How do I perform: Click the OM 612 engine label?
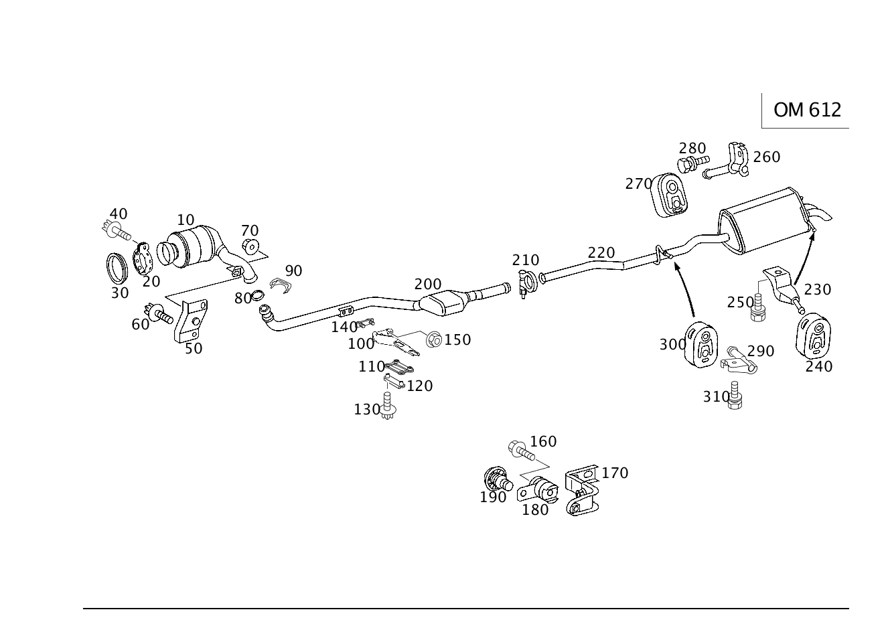click(807, 110)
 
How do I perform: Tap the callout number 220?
click(601, 252)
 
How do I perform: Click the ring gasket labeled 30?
click(117, 268)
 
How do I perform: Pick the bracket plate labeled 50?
click(191, 321)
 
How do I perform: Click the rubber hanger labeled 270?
click(669, 195)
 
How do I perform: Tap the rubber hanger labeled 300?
click(701, 345)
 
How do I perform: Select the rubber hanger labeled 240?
click(813, 336)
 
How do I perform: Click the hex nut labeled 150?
click(434, 340)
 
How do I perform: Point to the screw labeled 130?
click(387, 406)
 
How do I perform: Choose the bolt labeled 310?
click(735, 395)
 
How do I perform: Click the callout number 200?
click(428, 284)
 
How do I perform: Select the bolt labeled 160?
click(521, 450)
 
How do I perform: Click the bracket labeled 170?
click(582, 491)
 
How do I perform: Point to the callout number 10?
click(186, 220)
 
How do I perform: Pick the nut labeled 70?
click(250, 246)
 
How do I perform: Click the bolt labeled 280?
click(692, 164)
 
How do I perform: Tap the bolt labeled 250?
click(757, 307)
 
